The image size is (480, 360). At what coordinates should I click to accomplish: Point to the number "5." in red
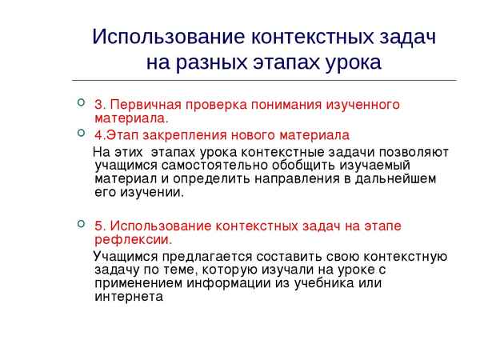click(x=100, y=226)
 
